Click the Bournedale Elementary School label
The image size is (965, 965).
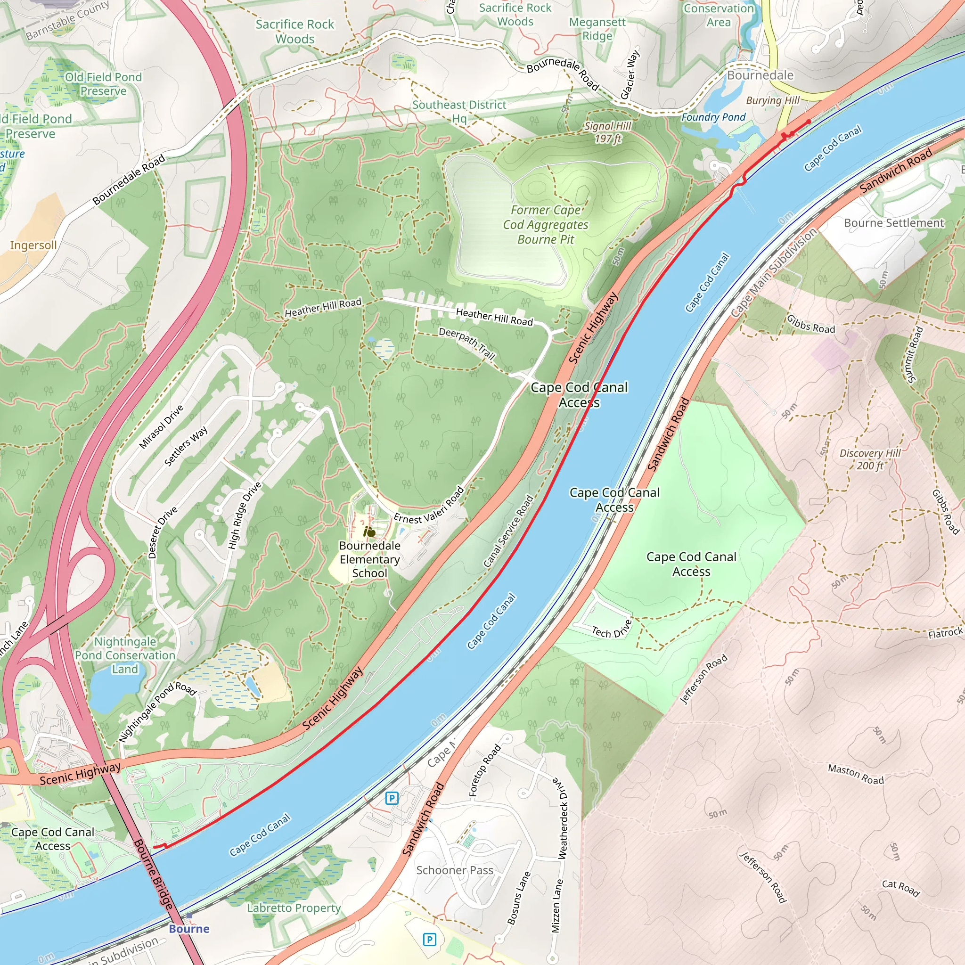click(x=369, y=559)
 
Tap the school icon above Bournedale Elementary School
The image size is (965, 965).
click(x=369, y=532)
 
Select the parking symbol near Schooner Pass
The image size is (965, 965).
click(x=429, y=940)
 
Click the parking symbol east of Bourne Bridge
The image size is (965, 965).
click(x=392, y=798)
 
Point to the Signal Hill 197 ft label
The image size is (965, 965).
click(x=608, y=132)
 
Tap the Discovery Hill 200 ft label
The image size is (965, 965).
click(x=870, y=459)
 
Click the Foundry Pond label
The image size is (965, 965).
click(x=713, y=117)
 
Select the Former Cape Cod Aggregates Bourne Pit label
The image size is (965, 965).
click(x=546, y=225)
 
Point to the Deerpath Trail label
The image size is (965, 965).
click(x=467, y=343)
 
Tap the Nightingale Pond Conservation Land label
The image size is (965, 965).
click(x=125, y=655)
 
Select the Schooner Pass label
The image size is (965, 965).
click(x=455, y=870)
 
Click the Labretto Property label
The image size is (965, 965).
click(x=294, y=908)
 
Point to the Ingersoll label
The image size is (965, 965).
click(x=33, y=245)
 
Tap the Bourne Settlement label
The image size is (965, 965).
click(x=893, y=223)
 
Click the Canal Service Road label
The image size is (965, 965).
click(x=508, y=531)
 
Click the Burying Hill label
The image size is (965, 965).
click(x=773, y=100)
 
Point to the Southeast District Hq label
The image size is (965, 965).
click(x=459, y=111)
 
